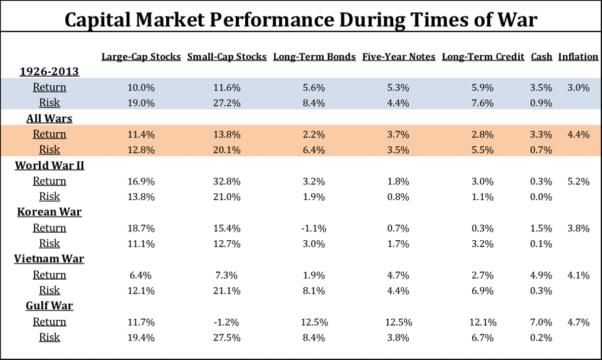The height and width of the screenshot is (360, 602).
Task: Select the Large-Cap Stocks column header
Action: pos(141,56)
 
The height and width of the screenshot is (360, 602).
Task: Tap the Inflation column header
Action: pos(578,56)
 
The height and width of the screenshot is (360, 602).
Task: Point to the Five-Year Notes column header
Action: pos(398,56)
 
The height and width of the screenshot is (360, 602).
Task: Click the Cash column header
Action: pos(542,56)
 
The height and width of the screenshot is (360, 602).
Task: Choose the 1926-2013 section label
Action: pos(49,71)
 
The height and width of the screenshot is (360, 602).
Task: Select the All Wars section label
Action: pos(49,119)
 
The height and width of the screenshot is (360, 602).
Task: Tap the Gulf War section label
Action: pos(49,306)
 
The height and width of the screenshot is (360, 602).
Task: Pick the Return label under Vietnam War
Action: pos(49,275)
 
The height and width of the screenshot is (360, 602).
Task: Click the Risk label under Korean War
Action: pos(49,243)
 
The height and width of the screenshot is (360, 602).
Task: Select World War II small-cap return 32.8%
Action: pos(227,181)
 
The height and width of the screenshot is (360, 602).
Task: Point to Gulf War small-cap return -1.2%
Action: pos(227,322)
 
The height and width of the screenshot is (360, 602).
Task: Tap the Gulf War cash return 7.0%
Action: pos(542,322)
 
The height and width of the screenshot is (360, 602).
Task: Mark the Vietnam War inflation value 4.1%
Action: pos(578,275)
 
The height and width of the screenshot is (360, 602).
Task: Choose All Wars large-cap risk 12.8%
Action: pos(141,150)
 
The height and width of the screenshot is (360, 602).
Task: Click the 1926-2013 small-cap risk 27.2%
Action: pos(227,103)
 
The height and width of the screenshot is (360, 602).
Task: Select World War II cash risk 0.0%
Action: pos(542,197)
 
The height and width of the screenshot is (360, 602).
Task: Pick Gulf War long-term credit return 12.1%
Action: pos(483,322)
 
